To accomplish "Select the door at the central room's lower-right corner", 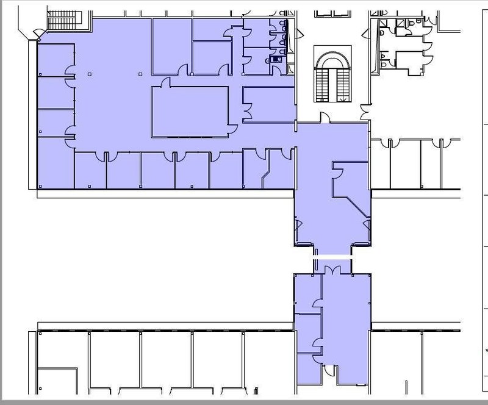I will click(232, 129).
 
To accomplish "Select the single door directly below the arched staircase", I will click(325, 116).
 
